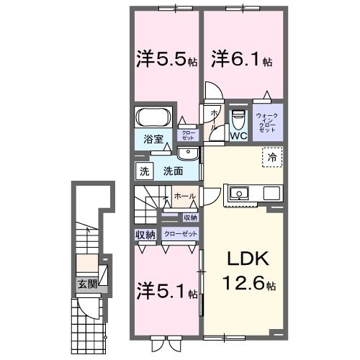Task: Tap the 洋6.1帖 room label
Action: tap(241, 58)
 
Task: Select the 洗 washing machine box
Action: tap(143, 171)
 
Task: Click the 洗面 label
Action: tap(172, 171)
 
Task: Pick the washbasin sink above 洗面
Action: tap(188, 153)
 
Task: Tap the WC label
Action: tap(238, 134)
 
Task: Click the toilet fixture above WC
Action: tap(238, 117)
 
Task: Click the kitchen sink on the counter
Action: tap(239, 193)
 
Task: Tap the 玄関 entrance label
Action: tap(87, 284)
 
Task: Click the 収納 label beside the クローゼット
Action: tap(144, 235)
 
